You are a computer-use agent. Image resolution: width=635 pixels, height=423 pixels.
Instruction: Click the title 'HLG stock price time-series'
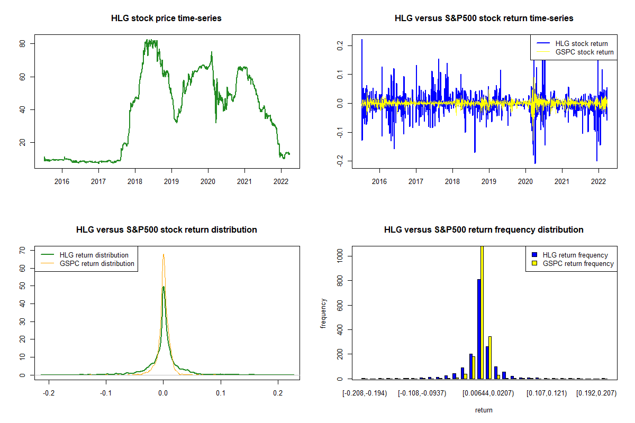click(166, 19)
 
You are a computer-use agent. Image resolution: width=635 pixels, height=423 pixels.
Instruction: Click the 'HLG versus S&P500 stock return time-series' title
click(484, 19)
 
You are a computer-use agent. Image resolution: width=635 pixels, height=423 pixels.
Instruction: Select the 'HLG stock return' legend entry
click(581, 43)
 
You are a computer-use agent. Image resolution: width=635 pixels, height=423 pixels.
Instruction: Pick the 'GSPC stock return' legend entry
click(584, 52)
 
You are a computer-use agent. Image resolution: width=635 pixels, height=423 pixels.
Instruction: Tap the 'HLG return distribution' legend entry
click(94, 255)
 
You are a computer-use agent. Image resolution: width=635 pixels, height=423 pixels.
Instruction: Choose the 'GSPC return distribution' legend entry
click(97, 263)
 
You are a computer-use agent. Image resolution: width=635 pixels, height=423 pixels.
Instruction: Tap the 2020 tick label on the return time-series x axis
click(525, 181)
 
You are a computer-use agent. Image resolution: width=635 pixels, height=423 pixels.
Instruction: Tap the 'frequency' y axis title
click(324, 314)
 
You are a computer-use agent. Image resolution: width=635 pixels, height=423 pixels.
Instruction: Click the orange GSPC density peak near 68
click(164, 255)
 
